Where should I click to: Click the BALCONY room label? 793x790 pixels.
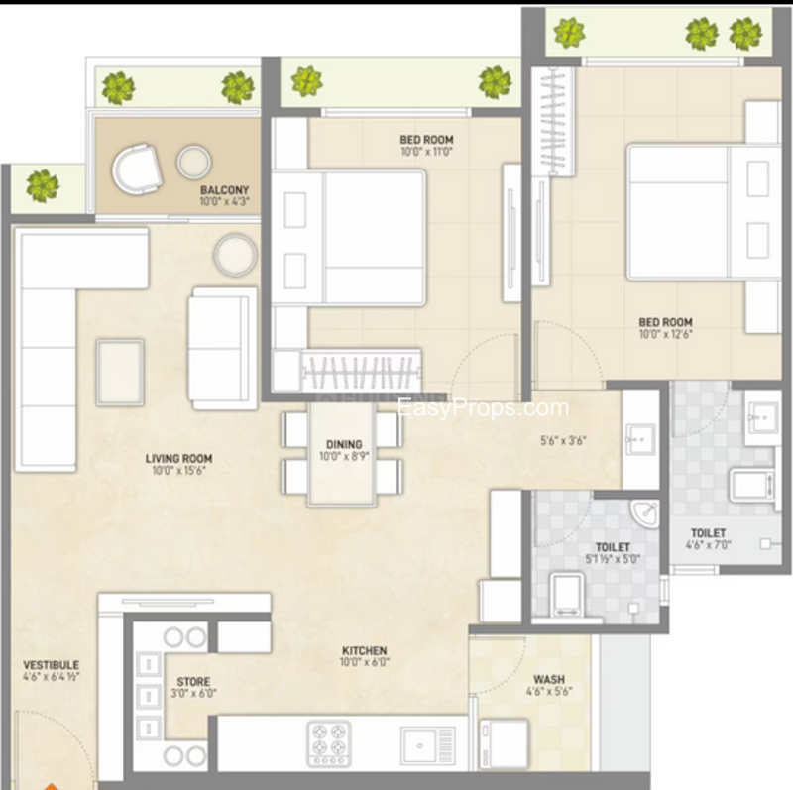(225, 190)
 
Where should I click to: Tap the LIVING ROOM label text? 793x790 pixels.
(179, 459)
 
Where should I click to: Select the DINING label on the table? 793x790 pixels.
(344, 445)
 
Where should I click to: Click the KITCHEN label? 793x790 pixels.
(364, 651)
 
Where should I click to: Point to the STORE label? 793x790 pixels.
(193, 682)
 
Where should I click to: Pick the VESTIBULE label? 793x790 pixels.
(52, 665)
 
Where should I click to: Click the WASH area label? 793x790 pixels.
(549, 679)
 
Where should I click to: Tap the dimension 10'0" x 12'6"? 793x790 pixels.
(665, 334)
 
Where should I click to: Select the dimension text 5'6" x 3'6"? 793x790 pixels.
(563, 440)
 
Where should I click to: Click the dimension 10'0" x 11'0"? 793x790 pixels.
(427, 152)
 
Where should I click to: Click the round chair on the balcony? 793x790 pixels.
(137, 169)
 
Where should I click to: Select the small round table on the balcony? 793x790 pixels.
(193, 162)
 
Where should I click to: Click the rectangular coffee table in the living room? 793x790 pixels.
(120, 373)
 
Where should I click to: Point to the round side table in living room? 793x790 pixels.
(235, 255)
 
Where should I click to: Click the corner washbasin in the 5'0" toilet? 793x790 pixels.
(646, 512)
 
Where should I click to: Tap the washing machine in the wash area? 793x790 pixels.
(504, 743)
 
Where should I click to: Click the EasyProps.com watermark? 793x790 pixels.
(484, 408)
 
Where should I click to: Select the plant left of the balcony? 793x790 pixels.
(43, 185)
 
